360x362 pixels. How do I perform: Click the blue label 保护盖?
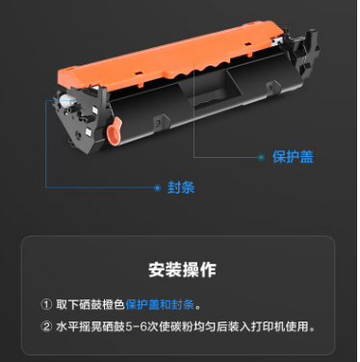click(x=293, y=157)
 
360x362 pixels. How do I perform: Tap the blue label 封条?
click(x=181, y=188)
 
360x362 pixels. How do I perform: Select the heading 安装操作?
click(x=182, y=270)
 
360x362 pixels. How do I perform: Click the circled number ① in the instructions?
click(x=46, y=304)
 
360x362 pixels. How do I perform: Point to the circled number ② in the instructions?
click(x=46, y=326)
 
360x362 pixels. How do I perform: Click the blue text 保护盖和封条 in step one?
click(x=160, y=304)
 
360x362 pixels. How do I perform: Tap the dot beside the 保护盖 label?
click(x=261, y=157)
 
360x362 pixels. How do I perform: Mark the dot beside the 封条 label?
click(x=157, y=188)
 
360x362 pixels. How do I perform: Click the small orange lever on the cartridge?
click(x=115, y=131)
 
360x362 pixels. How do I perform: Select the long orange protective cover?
click(x=170, y=56)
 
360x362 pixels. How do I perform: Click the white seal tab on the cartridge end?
click(x=67, y=101)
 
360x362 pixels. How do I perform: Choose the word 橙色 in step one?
click(x=114, y=304)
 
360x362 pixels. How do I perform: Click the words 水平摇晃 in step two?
click(x=79, y=326)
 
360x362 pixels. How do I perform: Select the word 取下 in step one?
click(x=67, y=304)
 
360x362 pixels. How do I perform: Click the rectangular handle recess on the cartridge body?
click(x=211, y=90)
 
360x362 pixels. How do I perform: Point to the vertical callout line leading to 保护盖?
click(x=193, y=109)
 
